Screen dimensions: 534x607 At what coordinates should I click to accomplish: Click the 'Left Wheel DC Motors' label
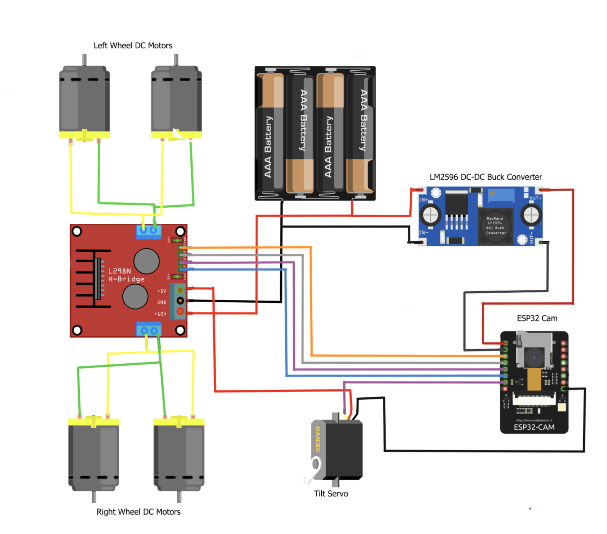pos(133,45)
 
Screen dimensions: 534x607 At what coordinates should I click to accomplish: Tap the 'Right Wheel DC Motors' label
pos(138,512)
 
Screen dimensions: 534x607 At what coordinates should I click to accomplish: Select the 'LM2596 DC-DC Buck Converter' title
pos(485,177)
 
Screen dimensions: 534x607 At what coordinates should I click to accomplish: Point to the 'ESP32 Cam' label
pos(537,318)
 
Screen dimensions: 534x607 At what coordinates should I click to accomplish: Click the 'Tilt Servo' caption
pos(331,494)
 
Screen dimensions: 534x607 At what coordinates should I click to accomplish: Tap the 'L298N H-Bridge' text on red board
pos(126,275)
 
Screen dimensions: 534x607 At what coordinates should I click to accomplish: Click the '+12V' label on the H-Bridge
pos(160,314)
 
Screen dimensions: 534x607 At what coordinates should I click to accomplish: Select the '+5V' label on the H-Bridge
pos(162,291)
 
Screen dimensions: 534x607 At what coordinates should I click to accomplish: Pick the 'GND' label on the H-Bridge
pos(162,302)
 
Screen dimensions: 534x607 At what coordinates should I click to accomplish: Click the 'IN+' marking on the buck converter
pos(423,200)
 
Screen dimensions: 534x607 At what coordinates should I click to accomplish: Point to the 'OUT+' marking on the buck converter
pos(535,198)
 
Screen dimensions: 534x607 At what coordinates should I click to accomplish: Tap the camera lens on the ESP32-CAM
pos(534,358)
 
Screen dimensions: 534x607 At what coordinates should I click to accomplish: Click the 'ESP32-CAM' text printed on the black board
pos(534,427)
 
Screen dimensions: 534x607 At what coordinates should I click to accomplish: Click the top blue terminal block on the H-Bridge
pos(149,231)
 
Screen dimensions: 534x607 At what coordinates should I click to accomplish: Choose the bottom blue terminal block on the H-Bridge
pos(149,329)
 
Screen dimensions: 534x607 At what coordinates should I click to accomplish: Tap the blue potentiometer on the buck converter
pos(501,195)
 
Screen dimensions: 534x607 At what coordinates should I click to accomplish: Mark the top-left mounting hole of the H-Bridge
pos(77,231)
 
